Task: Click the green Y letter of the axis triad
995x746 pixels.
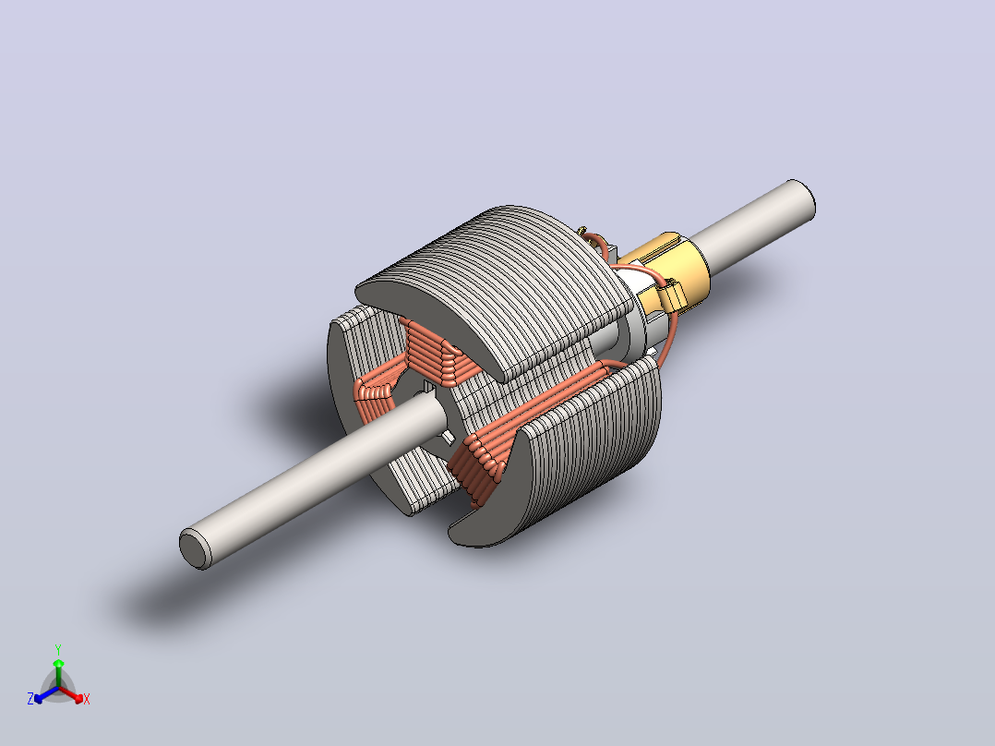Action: [x=58, y=649]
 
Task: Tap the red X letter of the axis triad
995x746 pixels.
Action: [x=87, y=699]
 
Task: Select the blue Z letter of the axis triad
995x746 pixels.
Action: [x=30, y=699]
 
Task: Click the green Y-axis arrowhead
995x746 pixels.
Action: [x=58, y=664]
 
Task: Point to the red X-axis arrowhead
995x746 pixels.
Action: [x=78, y=698]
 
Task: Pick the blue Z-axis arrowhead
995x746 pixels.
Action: [x=39, y=698]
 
